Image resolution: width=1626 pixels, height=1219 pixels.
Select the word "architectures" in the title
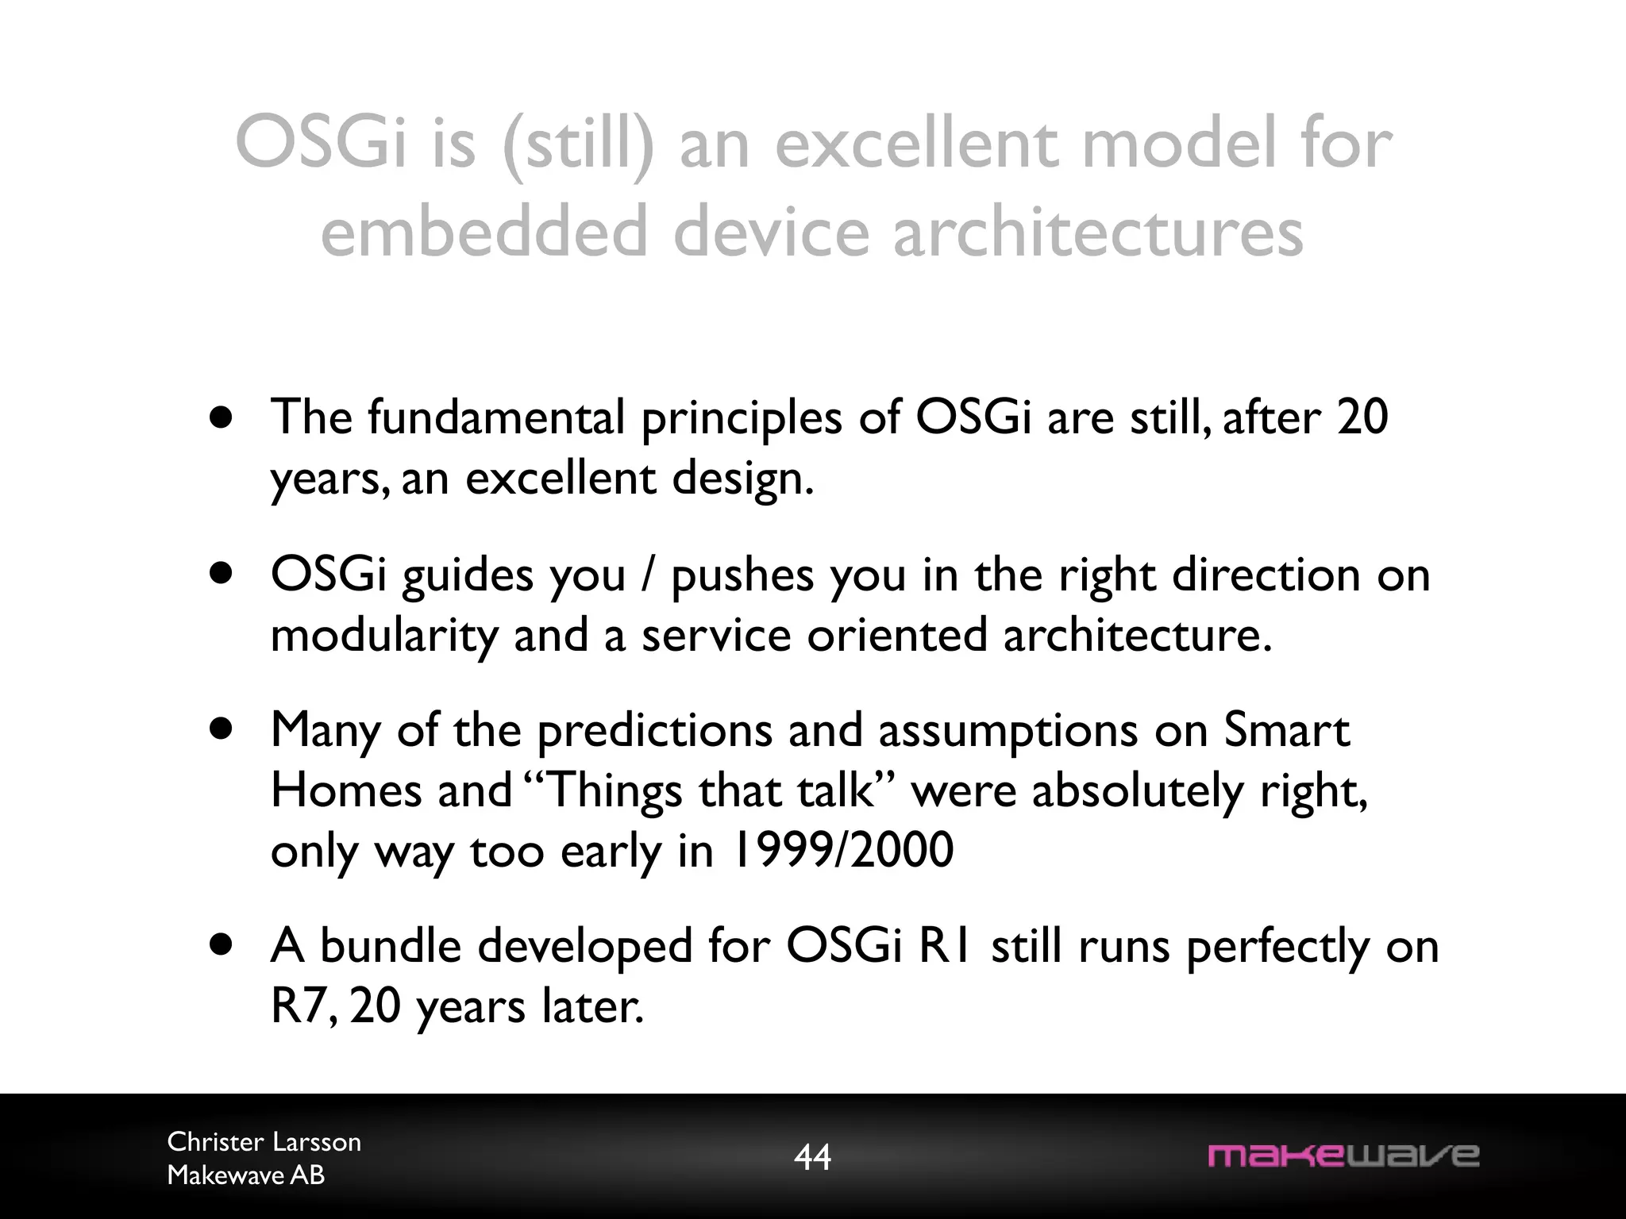click(1098, 232)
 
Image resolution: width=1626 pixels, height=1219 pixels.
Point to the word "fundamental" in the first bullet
click(496, 417)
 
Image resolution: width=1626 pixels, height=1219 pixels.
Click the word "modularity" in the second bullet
click(383, 636)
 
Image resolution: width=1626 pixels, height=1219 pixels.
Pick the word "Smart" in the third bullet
click(1285, 730)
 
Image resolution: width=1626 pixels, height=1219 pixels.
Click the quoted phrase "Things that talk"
click(711, 791)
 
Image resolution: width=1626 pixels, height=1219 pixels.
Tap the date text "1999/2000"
click(842, 851)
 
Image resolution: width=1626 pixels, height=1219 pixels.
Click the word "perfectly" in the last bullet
click(1277, 948)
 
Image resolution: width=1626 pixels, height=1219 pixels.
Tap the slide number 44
click(812, 1157)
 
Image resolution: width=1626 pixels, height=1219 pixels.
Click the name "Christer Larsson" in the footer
click(264, 1142)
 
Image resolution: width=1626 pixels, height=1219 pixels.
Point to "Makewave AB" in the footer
click(246, 1175)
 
